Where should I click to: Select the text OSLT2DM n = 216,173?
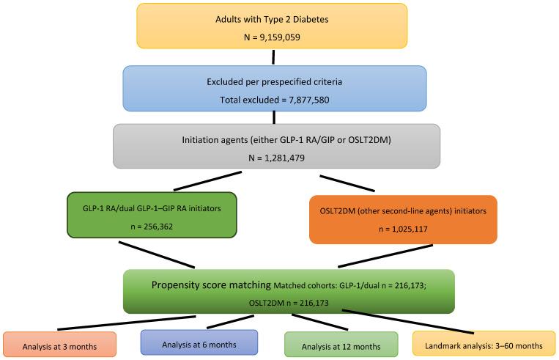pyautogui.click(x=289, y=301)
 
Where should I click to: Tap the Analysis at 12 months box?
pyautogui.click(x=341, y=344)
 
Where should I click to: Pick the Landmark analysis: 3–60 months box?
pyautogui.click(x=484, y=344)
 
